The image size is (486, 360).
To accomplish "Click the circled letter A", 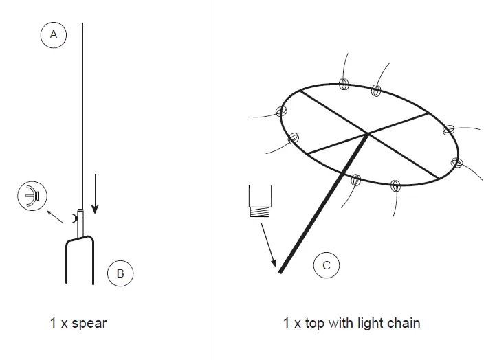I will coord(54,35).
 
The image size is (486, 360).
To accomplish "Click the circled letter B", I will coord(120,273).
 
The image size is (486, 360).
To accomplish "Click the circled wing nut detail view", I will coord(30,196).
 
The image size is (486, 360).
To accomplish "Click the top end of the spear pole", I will coord(80,25).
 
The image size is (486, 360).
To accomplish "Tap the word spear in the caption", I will coord(89,322).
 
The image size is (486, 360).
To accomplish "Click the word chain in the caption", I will coord(402,322).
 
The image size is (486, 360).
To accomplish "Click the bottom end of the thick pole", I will coord(281,272).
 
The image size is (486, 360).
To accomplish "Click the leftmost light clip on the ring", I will coord(280,111).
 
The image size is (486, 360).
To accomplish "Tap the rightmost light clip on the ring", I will coord(456,162).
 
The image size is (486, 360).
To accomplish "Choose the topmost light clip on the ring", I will coord(345,85).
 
